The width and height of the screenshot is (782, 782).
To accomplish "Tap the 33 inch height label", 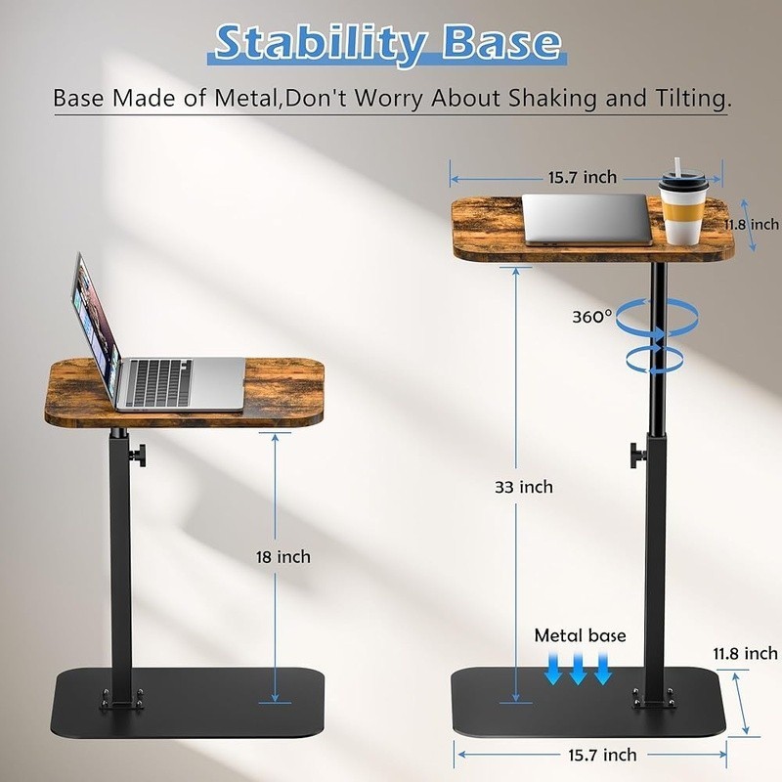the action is click(524, 487).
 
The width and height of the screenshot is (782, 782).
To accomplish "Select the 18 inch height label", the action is click(283, 556).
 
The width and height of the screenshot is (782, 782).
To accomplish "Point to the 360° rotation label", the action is click(592, 317).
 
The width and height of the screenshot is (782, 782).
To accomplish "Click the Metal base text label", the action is click(580, 635).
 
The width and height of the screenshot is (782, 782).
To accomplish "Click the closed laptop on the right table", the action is click(586, 219).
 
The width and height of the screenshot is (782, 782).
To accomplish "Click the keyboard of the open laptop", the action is click(158, 381).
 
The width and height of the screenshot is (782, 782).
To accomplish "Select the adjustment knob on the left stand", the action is click(138, 456).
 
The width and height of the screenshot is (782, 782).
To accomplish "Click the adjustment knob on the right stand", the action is click(638, 455).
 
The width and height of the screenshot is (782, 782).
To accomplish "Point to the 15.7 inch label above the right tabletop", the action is click(583, 177).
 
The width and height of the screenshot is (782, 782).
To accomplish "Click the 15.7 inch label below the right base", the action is click(602, 755).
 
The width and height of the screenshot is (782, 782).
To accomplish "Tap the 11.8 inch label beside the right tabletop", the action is click(752, 225).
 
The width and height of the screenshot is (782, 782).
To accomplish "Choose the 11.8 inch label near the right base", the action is click(745, 653).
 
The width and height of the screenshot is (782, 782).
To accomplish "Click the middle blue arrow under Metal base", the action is click(578, 669).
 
